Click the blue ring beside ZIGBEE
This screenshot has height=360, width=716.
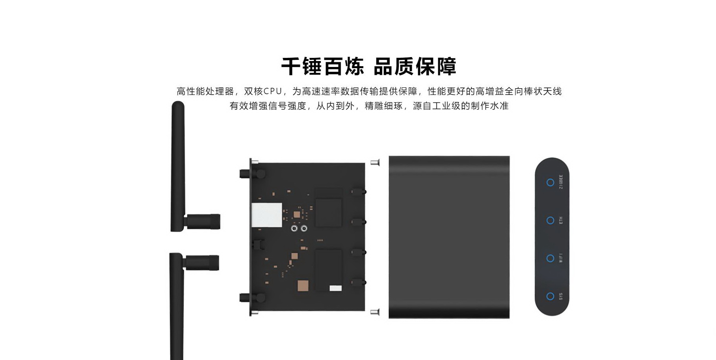pos(550,182)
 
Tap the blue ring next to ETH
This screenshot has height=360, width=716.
pos(550,221)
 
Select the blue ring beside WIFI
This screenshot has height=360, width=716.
pos(550,258)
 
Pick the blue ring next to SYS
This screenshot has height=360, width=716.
pos(550,296)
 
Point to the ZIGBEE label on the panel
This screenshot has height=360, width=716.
pos(561,182)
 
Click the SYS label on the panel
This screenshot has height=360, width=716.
pos(561,296)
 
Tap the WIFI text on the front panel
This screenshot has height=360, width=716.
pos(561,258)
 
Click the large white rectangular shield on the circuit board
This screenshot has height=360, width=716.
pos(267,215)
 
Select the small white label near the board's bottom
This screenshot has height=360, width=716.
pos(335,288)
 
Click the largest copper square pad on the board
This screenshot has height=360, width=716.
pos(303,286)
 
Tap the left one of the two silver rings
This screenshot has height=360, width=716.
pos(294,228)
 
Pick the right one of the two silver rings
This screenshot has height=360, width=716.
pos(304,228)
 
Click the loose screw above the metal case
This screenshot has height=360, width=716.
pos(375,162)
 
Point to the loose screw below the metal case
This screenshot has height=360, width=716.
pos(375,312)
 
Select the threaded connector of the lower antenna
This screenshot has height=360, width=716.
pos(203,263)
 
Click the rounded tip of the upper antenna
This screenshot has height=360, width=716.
pos(178,104)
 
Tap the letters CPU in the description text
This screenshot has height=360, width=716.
pos(273,91)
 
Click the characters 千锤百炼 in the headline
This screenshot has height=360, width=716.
pos(322,66)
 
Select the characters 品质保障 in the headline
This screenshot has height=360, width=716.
pos(415,66)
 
